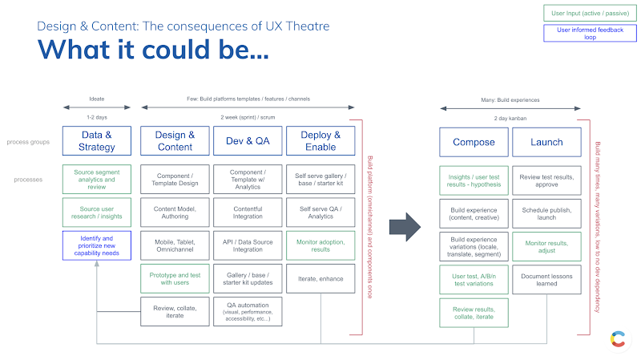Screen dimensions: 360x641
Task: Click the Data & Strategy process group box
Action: (96, 141)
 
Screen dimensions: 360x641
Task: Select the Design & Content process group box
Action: (174, 141)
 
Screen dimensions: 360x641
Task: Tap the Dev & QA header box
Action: (247, 141)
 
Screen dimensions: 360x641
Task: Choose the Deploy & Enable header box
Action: (320, 141)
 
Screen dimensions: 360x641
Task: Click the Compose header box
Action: (474, 142)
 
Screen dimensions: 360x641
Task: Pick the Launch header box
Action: (547, 142)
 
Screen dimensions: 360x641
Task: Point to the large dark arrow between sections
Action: (405, 226)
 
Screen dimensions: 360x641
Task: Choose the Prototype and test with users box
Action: (174, 277)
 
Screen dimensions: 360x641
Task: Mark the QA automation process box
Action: (247, 311)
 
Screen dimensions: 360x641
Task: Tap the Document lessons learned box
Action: (547, 277)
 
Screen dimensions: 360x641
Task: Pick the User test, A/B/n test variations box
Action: (474, 277)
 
